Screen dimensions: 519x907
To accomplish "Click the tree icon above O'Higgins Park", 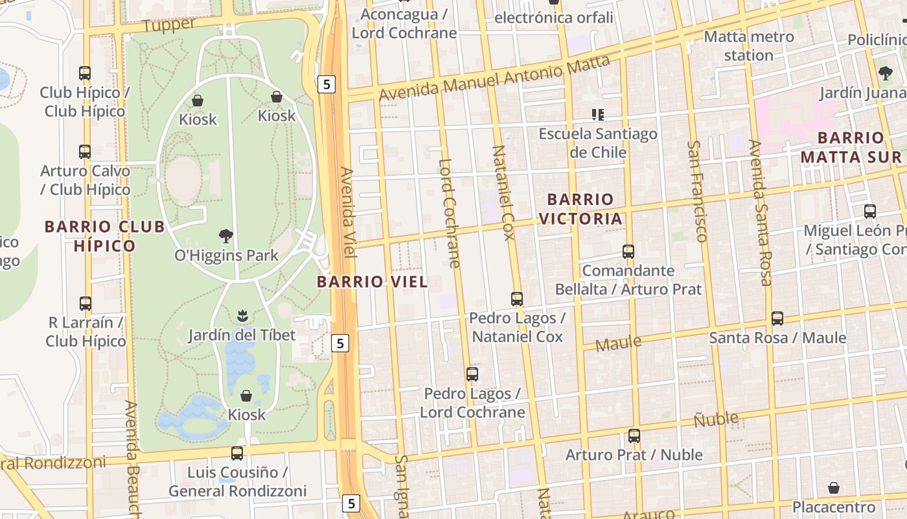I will [226, 235].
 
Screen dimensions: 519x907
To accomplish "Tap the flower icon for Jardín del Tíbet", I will [242, 316].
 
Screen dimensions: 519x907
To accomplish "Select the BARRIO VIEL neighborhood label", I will [373, 282].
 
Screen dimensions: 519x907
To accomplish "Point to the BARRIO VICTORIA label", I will [580, 209].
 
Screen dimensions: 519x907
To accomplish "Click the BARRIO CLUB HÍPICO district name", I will [104, 236].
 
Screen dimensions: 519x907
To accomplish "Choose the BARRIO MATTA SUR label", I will [851, 147].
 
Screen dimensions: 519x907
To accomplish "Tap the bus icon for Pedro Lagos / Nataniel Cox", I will [517, 299].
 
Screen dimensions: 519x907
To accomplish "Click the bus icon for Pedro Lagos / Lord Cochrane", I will [472, 374].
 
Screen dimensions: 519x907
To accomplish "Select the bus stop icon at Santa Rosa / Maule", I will [777, 319].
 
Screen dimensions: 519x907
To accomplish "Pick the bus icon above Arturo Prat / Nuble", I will [634, 436].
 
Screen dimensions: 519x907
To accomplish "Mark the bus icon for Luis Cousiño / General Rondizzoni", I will [237, 453].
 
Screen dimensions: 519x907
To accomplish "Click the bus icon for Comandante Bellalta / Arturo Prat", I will [628, 252].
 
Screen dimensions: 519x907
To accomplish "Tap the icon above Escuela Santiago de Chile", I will [598, 115].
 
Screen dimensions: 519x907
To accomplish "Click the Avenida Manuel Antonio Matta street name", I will [494, 78].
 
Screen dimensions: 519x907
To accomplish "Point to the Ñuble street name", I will [716, 419].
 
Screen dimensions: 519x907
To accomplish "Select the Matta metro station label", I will [749, 45].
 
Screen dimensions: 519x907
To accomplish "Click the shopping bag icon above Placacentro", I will [834, 488].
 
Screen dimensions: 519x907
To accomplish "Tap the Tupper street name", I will [168, 25].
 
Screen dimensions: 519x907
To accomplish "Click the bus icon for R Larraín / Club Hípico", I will [86, 303].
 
